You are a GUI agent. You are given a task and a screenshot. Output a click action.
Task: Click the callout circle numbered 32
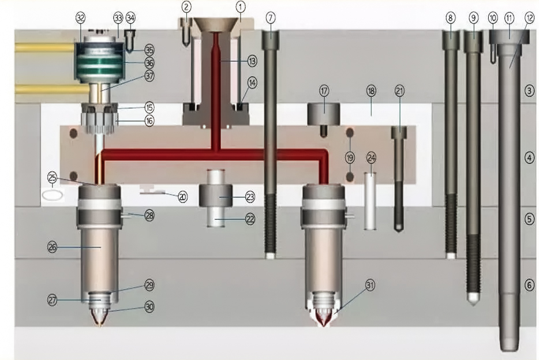[x=80, y=18]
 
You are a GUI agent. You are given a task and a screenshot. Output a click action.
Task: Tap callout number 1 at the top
[x=240, y=6]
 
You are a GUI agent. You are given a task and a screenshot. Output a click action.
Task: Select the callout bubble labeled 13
[x=252, y=61]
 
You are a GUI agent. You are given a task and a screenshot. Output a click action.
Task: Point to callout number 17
[x=324, y=91]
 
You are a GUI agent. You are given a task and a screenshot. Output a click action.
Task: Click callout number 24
[x=371, y=158]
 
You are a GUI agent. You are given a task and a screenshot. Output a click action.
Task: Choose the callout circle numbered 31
[x=369, y=285]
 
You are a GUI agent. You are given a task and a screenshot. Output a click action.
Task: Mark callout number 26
[x=53, y=247]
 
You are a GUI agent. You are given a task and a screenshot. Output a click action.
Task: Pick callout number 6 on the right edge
[x=530, y=285]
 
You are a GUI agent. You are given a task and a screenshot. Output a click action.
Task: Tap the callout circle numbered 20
[x=182, y=197]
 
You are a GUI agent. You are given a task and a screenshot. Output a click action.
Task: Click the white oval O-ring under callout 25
[x=53, y=196]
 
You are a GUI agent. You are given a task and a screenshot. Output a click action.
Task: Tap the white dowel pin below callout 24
[x=370, y=201]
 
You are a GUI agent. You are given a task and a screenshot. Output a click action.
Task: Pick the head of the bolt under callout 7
[x=271, y=39]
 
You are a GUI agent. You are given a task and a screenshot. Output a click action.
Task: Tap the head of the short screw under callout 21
[x=399, y=132]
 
